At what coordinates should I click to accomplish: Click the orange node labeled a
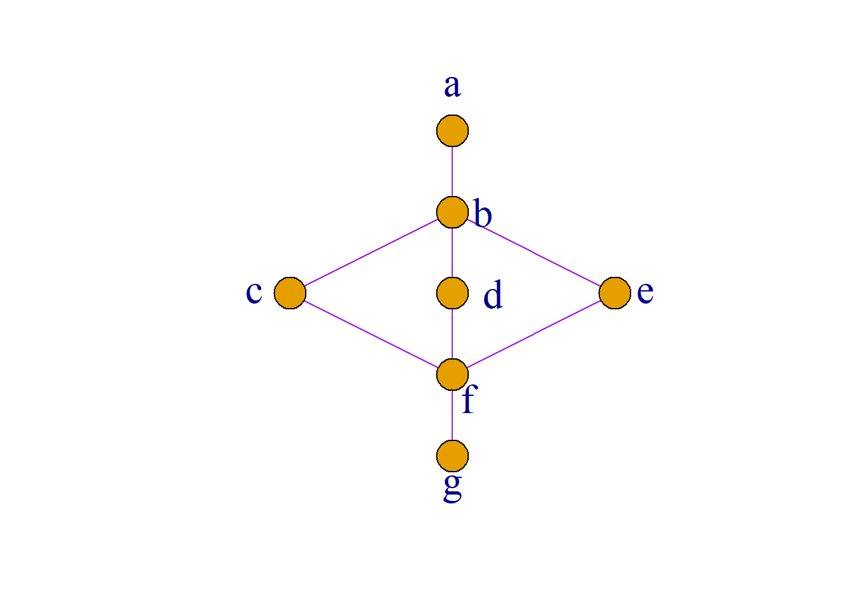click(x=452, y=130)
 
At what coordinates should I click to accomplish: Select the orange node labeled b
click(x=452, y=212)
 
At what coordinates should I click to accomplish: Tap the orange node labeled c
click(x=290, y=293)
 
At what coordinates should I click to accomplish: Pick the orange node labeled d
click(x=452, y=293)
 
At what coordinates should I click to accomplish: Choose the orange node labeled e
click(x=615, y=293)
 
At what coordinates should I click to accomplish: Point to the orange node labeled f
click(x=452, y=375)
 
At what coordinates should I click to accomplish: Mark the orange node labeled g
click(x=452, y=456)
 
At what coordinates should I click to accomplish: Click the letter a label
click(x=452, y=86)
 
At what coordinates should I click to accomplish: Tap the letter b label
click(x=483, y=213)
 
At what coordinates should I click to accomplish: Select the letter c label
click(x=254, y=293)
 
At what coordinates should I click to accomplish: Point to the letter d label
click(x=493, y=293)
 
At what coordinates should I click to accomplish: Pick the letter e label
click(x=645, y=293)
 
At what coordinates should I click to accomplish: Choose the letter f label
click(x=469, y=398)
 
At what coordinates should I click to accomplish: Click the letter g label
click(x=452, y=488)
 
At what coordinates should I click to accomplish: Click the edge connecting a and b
click(x=452, y=171)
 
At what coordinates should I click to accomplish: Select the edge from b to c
click(x=371, y=253)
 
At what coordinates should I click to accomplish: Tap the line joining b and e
click(x=534, y=253)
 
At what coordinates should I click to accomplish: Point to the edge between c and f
click(x=371, y=334)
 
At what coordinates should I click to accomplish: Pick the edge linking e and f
click(x=534, y=334)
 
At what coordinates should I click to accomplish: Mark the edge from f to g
click(x=452, y=416)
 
